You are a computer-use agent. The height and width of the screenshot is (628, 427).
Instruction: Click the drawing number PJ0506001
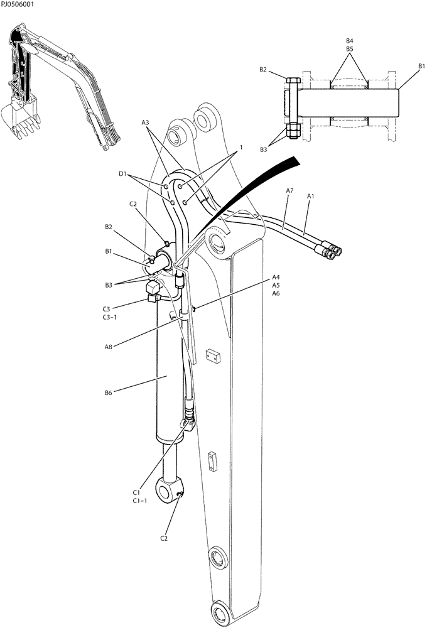pyautogui.click(x=18, y=4)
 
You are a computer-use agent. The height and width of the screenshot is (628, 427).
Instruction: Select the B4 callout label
pyautogui.click(x=350, y=41)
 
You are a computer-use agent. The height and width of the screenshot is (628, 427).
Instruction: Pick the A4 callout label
pyautogui.click(x=276, y=277)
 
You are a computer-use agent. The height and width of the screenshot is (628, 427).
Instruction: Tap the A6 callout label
pyautogui.click(x=276, y=293)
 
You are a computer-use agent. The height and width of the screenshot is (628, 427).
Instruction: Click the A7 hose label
pyautogui.click(x=289, y=190)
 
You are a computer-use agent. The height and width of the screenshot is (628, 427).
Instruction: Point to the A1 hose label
pyautogui.click(x=310, y=196)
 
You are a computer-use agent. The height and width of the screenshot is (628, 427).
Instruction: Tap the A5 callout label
pyautogui.click(x=276, y=285)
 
